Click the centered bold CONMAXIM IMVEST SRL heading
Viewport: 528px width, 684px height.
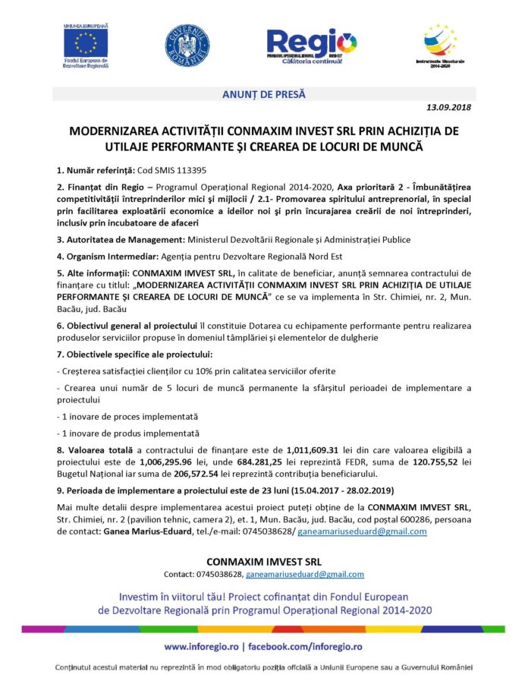[263, 561]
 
